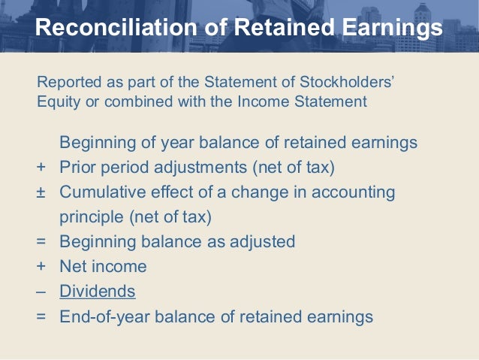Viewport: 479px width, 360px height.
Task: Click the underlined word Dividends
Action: click(98, 292)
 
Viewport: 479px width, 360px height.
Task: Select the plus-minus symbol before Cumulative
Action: click(41, 192)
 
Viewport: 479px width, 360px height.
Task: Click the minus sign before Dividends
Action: click(41, 292)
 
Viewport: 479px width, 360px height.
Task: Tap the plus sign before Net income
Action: click(41, 267)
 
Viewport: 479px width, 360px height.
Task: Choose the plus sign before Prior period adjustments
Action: click(41, 168)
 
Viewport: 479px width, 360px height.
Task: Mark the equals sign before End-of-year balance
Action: click(41, 316)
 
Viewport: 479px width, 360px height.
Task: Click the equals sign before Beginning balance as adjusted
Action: click(41, 242)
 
